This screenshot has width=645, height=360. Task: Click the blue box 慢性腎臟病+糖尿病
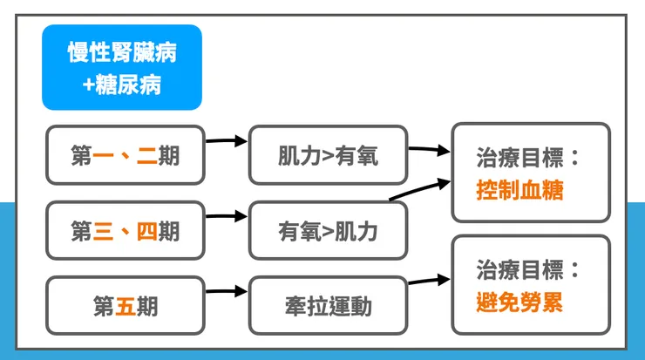point(122,67)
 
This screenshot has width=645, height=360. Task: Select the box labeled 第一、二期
point(125,155)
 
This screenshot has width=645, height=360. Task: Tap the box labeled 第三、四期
point(125,231)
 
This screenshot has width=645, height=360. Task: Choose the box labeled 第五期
point(125,306)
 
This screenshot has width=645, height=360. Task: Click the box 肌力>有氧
point(328,155)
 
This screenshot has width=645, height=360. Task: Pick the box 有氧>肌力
point(328,231)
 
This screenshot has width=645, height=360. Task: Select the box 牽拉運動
point(328,306)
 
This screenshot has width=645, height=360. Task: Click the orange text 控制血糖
point(519,190)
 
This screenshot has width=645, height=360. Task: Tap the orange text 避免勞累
point(519,302)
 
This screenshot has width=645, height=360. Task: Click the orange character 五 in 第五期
point(126,306)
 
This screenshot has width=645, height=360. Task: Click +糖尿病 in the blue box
point(122,85)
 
